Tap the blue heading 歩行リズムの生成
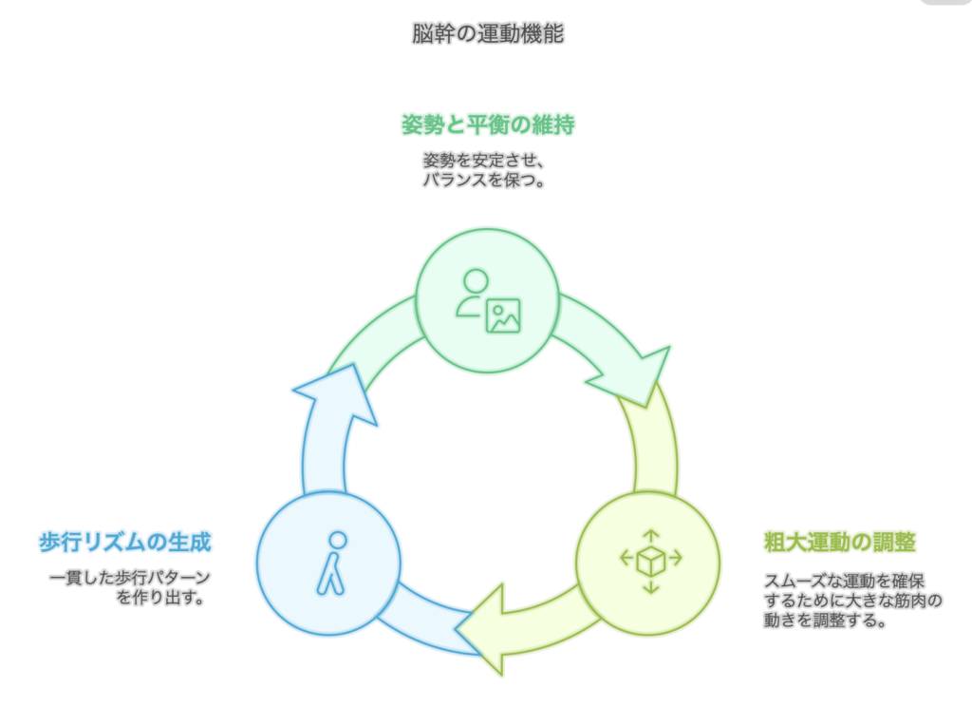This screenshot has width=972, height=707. tap(124, 543)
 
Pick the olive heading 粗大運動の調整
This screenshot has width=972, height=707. tap(840, 543)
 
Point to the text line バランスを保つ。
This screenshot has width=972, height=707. tap(485, 180)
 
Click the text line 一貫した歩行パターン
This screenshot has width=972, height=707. tap(129, 578)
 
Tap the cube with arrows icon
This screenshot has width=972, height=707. tap(651, 561)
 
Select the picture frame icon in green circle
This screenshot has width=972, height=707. tap(503, 315)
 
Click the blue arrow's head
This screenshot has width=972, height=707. tap(332, 390)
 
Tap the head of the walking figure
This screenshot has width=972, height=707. tap(337, 540)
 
